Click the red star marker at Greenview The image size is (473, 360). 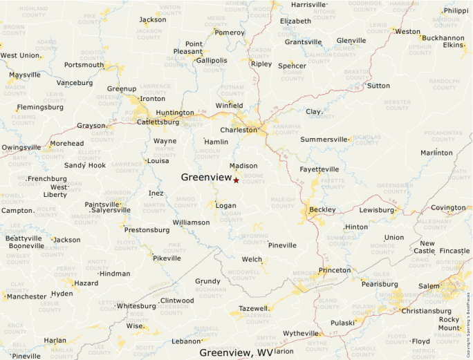[236, 180]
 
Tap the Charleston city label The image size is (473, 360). [239, 130]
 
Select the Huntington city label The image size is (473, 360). [175, 113]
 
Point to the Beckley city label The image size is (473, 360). [322, 209]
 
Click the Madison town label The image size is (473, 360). [243, 166]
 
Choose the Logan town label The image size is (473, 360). [225, 205]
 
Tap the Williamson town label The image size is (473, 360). [191, 222]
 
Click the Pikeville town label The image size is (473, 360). [167, 258]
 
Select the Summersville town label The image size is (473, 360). [324, 140]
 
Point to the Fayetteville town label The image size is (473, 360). [319, 169]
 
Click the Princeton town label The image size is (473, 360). [335, 270]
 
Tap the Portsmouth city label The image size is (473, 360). [84, 65]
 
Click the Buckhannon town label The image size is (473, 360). [442, 38]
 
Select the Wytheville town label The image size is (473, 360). [301, 333]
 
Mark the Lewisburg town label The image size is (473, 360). [376, 209]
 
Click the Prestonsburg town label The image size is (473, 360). [147, 230]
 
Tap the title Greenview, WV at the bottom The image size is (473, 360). [236, 352]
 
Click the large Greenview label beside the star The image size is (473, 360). [206, 178]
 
